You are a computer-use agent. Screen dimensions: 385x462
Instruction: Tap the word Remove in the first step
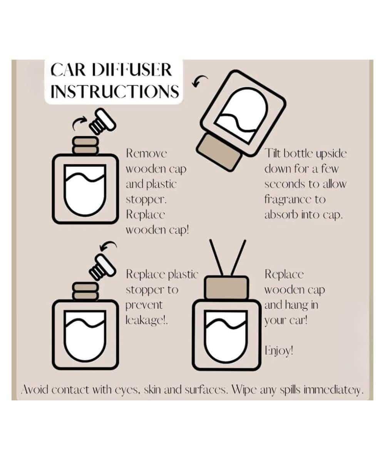[x=146, y=153]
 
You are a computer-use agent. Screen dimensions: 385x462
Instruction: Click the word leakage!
[x=147, y=320]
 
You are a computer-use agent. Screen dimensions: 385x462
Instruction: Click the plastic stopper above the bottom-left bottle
[x=102, y=267]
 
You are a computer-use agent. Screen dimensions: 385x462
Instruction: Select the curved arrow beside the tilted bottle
[x=199, y=80]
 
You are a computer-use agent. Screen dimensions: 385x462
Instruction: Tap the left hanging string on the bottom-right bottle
[x=217, y=258]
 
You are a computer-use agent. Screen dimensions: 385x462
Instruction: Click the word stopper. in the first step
[x=146, y=200]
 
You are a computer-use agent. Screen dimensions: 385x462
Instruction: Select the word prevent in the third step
[x=144, y=305]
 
